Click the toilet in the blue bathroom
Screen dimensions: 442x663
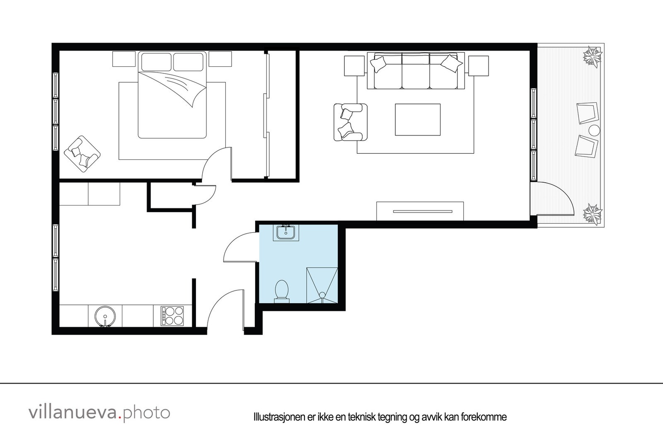(x=282, y=290)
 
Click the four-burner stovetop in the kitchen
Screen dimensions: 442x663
(x=172, y=315)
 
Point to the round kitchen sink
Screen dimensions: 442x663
(x=105, y=317)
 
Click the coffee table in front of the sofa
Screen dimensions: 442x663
(x=417, y=119)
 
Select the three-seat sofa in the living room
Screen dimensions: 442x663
(x=416, y=71)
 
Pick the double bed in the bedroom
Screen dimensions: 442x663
(x=172, y=95)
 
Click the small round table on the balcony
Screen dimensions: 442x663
(x=595, y=130)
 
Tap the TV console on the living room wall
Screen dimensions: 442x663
(x=420, y=211)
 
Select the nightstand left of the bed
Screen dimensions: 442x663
(x=124, y=59)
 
